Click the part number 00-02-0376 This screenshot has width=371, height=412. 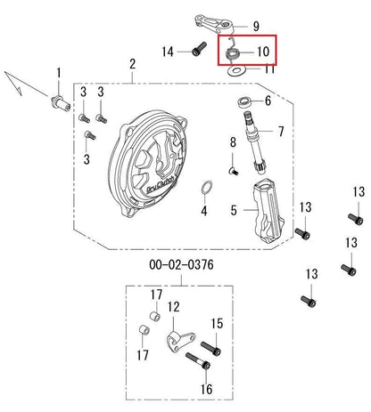point(181,264)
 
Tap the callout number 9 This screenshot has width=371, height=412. point(256,27)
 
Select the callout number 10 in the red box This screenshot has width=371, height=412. point(263,52)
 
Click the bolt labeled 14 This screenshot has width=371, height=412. point(199,49)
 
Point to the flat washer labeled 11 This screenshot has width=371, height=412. point(235,71)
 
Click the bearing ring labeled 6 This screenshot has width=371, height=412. point(245,102)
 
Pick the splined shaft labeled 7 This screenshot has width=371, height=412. point(255,142)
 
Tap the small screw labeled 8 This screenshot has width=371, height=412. point(234,171)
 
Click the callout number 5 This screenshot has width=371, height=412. point(234,210)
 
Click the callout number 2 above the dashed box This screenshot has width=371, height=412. point(132,64)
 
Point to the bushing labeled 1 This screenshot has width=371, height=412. point(62,102)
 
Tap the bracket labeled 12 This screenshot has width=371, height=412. point(181,342)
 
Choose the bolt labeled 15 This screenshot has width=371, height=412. point(210,349)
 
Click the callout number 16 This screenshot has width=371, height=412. point(206,389)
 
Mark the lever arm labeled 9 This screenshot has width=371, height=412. point(213,24)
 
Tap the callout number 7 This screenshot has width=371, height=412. point(281,132)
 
